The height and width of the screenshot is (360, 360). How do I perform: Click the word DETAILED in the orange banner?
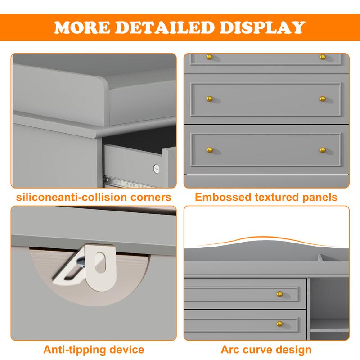tap(165, 27)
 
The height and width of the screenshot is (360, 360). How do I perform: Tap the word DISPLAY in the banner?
tap(262, 27)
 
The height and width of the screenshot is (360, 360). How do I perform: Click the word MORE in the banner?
tap(82, 27)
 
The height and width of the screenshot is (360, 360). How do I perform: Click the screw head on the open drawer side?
tap(156, 169)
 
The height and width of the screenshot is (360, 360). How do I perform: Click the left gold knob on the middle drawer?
tap(209, 99)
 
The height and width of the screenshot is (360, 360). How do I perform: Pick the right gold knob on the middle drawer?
tap(323, 99)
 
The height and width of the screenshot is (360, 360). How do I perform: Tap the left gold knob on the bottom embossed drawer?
tap(210, 150)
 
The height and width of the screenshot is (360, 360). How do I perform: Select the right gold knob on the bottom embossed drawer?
tap(323, 150)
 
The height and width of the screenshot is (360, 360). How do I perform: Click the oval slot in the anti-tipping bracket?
tap(100, 263)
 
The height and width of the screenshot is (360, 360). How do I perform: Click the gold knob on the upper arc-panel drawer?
tap(279, 294)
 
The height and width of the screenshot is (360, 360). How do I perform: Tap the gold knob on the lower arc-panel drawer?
tap(279, 324)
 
